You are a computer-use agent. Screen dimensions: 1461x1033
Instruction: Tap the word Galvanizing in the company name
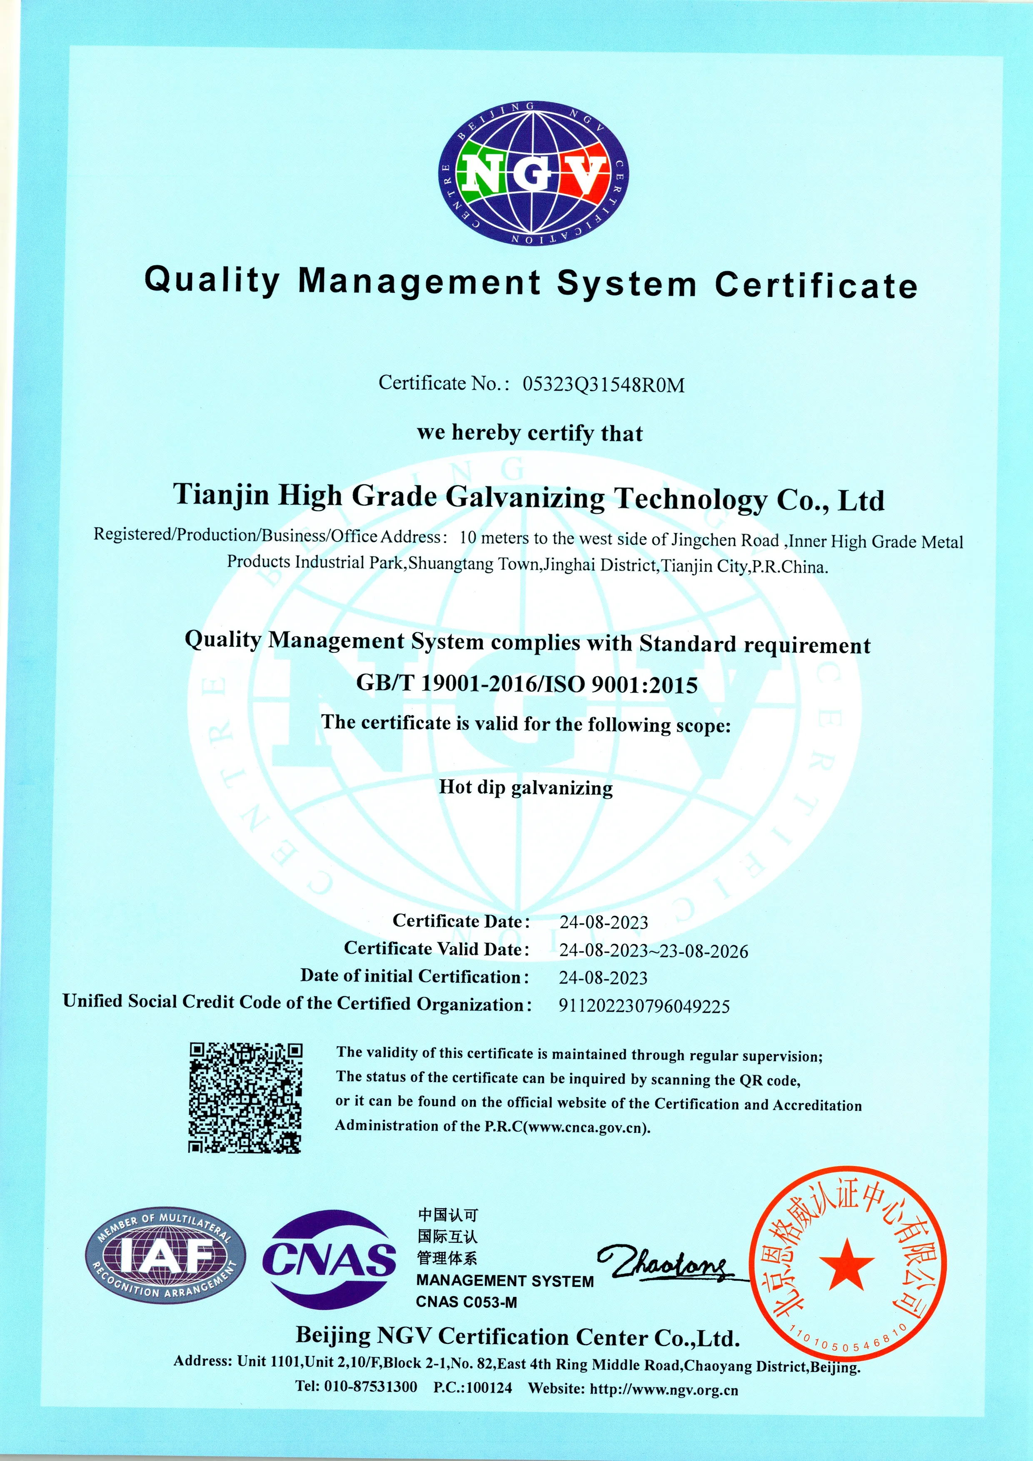click(524, 498)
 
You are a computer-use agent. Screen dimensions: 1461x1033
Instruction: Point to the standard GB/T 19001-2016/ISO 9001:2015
click(526, 684)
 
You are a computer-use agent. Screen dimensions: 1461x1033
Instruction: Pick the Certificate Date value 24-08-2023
click(604, 922)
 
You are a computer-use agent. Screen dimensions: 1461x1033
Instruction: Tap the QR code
click(245, 1098)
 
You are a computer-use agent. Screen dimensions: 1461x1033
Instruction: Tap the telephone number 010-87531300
click(370, 1387)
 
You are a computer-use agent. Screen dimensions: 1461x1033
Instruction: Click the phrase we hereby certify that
click(529, 433)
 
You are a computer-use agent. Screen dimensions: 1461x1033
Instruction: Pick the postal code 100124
click(489, 1388)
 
